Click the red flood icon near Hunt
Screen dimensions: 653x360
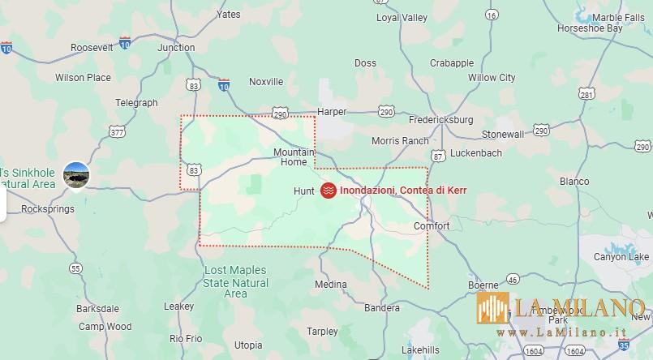[329, 191]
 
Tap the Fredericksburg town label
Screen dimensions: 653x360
[440, 120]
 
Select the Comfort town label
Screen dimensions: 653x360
[431, 226]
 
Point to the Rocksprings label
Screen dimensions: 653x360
[47, 208]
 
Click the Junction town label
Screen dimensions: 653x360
[176, 48]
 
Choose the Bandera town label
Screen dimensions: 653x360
[382, 308]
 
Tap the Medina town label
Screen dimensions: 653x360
[330, 285]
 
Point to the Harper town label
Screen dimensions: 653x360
[332, 112]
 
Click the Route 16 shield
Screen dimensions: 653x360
[491, 37]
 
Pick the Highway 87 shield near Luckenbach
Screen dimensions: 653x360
[438, 155]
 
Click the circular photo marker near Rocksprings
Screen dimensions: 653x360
[76, 174]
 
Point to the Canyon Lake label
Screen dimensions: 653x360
[621, 257]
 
